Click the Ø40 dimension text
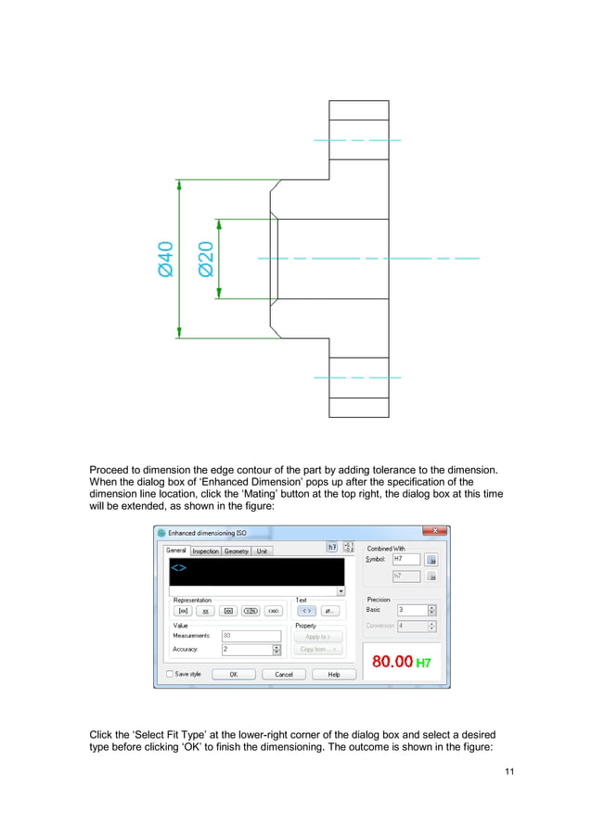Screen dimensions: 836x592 click(165, 259)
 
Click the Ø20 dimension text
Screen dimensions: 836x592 click(206, 259)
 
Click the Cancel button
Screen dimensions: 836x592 click(284, 675)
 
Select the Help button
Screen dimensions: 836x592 click(334, 675)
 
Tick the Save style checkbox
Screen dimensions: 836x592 click(170, 674)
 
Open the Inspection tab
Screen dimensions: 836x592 click(205, 551)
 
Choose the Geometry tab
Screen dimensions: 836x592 click(236, 551)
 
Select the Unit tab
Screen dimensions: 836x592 click(262, 551)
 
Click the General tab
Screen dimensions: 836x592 click(175, 551)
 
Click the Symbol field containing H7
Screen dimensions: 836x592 click(405, 560)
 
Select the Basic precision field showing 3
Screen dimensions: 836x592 click(411, 610)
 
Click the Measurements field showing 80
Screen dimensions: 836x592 click(251, 636)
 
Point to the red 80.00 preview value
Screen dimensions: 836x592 click(392, 662)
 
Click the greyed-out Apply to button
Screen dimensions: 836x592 click(318, 637)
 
